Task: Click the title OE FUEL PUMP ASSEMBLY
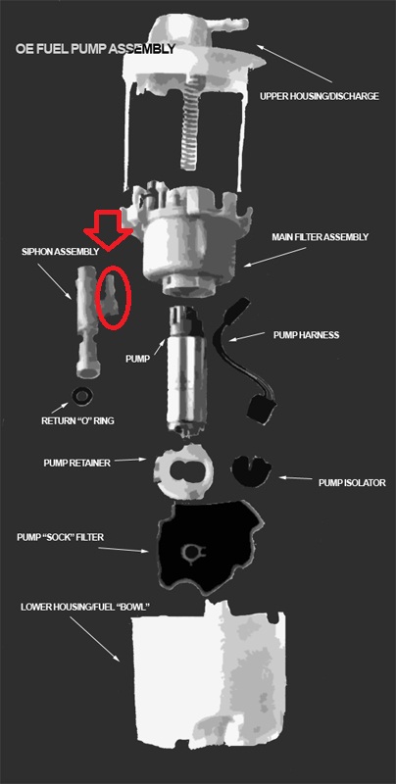tap(95, 49)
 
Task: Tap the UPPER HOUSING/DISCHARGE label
tap(319, 96)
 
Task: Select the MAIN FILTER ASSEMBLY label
tap(320, 237)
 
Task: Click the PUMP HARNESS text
tap(306, 335)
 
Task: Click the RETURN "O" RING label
tap(77, 420)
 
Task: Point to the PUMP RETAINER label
tap(76, 463)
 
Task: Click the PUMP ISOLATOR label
tap(352, 482)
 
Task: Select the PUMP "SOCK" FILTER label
tap(60, 537)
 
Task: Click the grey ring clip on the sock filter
tap(193, 553)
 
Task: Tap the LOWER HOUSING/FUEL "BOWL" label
tap(85, 607)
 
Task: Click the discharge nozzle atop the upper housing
tap(230, 24)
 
